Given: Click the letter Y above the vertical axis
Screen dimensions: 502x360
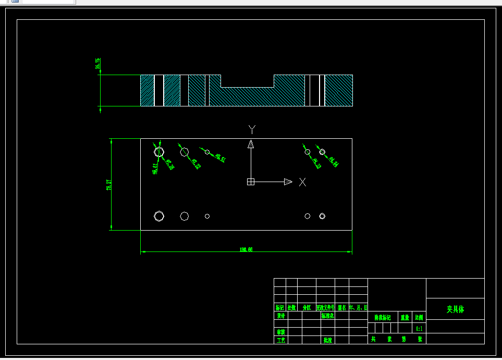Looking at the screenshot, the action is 252,129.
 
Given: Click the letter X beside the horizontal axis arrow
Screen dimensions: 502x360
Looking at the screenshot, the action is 302,182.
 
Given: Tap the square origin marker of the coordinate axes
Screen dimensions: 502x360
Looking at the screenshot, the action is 250,182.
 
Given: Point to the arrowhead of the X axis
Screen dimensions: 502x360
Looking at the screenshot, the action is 288,182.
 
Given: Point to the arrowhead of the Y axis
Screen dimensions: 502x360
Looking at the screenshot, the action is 250,145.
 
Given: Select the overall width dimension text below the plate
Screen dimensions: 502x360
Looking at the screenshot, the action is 246,249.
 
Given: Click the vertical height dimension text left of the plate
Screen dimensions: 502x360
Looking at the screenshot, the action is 109,184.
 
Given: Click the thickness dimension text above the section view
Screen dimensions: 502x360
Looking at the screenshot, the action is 97,64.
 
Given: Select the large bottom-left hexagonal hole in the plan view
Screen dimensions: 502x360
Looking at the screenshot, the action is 159,216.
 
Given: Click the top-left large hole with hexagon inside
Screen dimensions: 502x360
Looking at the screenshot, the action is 159,152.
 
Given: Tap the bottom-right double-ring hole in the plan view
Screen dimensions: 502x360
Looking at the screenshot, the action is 322,216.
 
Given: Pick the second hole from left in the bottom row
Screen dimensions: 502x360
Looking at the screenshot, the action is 185,216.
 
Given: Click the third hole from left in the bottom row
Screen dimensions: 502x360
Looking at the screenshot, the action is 207,216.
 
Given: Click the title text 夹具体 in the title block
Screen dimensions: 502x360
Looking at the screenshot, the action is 455,309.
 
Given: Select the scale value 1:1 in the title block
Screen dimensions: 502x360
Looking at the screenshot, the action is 419,329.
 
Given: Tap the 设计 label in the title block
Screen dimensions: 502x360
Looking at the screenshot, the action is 280,316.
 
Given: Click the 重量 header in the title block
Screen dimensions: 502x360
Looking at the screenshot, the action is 405,317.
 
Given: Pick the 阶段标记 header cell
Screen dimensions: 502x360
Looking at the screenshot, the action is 383,317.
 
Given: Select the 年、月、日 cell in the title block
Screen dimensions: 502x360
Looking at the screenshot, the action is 358,307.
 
